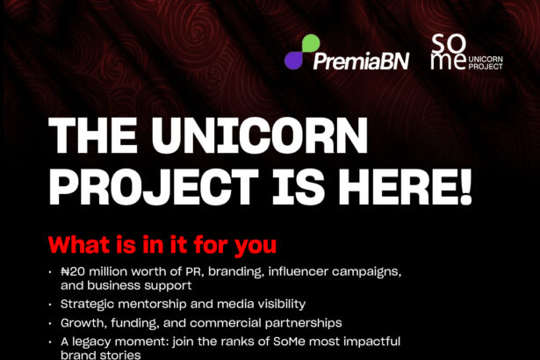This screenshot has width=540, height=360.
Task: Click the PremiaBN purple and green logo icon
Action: (x=302, y=52)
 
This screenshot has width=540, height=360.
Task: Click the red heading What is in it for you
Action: (x=162, y=244)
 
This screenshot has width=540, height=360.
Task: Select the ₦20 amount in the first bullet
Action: (x=75, y=273)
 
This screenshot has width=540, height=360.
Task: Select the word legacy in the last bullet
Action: (x=91, y=342)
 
